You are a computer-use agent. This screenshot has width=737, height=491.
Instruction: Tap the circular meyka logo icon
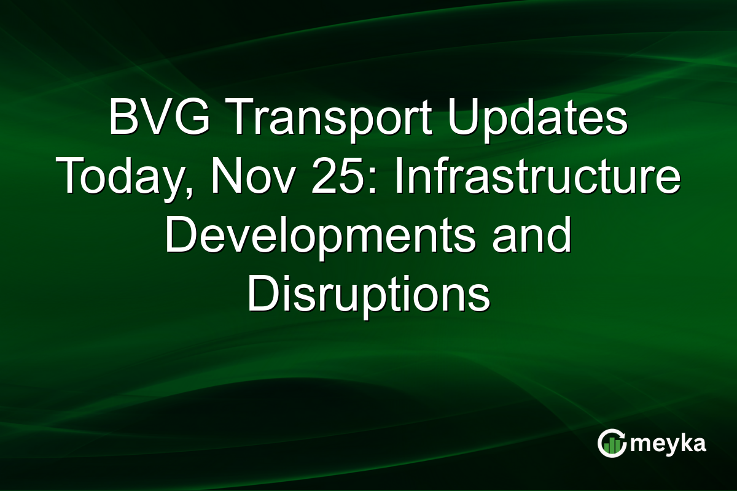(x=612, y=443)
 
